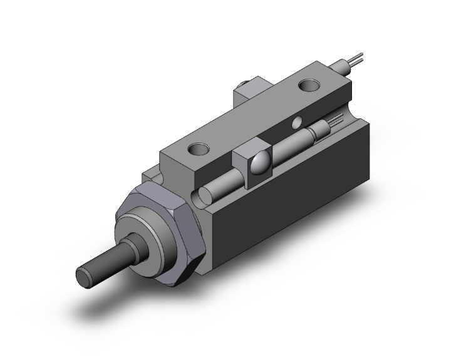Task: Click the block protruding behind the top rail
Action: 246,94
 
